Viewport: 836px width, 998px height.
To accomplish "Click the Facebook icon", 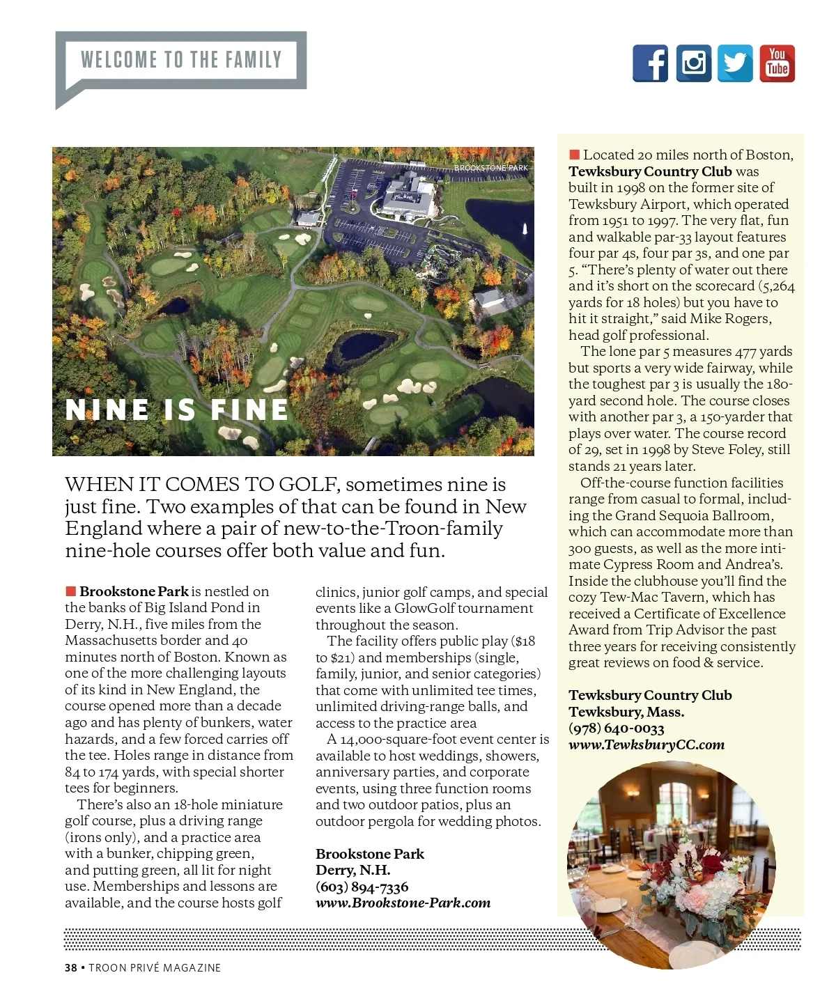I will coord(650,63).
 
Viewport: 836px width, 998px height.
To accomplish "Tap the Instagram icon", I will coord(693,63).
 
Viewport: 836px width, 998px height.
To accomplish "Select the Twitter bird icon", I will coord(735,63).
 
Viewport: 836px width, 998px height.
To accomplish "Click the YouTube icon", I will coord(777,63).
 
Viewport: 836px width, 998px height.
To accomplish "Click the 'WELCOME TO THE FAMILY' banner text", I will coord(181,60).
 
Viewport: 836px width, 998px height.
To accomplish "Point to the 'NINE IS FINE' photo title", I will coord(177,410).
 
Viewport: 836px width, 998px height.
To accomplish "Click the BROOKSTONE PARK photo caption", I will coord(491,168).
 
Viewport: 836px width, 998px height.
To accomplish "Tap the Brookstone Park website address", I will coord(403,903).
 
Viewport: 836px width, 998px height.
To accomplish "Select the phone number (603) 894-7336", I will coord(362,887).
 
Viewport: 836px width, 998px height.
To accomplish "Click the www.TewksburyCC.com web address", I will coord(647,744).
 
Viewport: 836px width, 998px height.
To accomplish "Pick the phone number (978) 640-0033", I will coord(616,728).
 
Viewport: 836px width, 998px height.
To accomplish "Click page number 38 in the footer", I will coord(70,967).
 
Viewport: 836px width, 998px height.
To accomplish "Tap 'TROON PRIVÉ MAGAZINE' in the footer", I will coord(155,967).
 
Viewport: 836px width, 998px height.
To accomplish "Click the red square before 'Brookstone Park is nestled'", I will coord(70,591).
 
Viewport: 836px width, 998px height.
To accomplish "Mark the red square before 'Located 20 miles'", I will coord(574,155).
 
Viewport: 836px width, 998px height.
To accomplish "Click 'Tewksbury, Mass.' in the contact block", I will coord(626,712).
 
